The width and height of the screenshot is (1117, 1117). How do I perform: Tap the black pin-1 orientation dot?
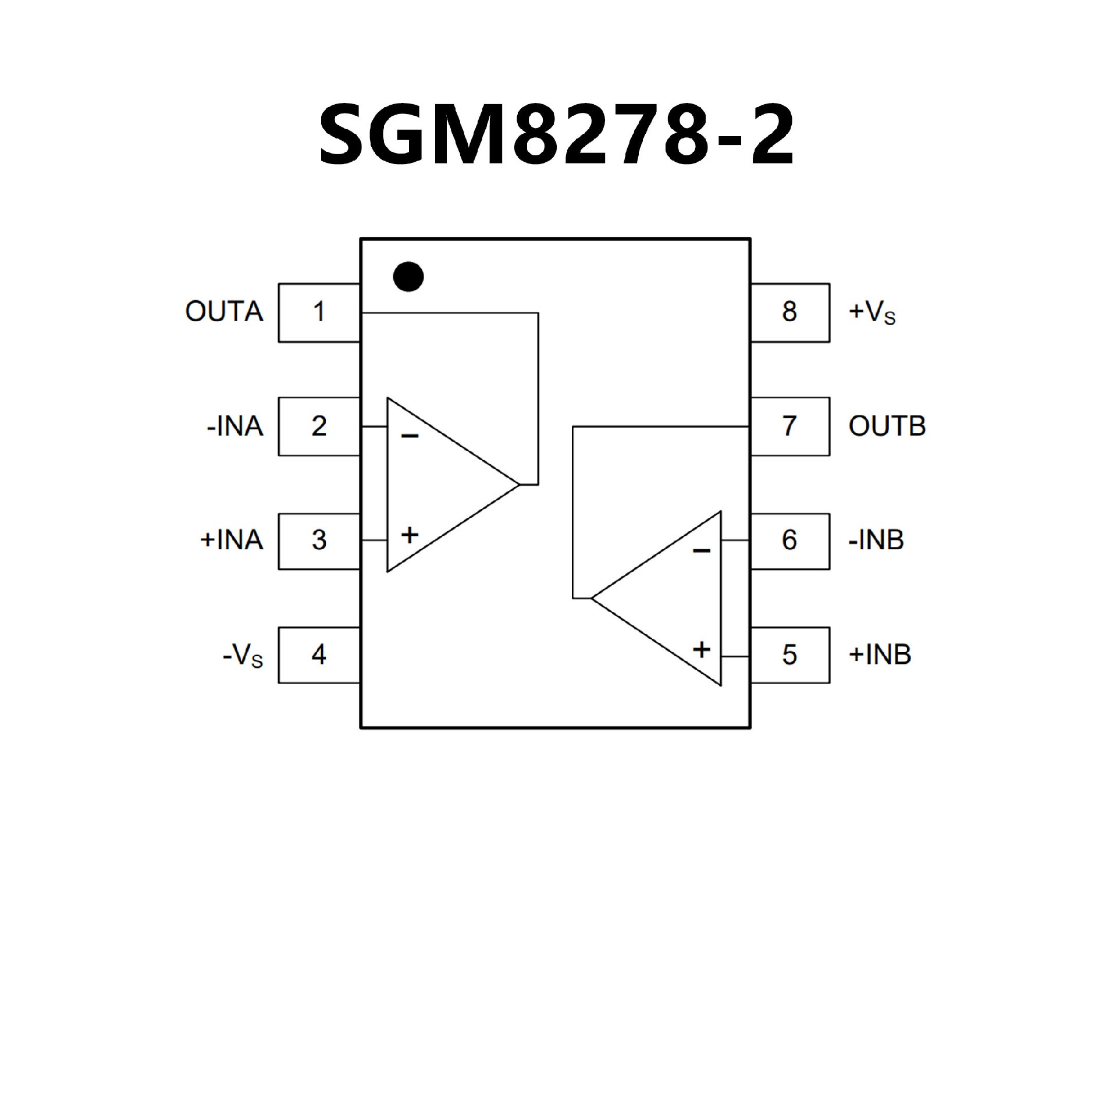(408, 277)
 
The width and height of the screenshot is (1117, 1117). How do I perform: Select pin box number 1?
(319, 312)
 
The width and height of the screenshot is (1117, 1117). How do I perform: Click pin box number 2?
(319, 426)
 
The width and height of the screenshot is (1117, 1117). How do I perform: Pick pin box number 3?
(319, 540)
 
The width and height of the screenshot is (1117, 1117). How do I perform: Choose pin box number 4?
(319, 655)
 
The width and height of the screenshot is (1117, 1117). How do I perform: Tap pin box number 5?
(789, 655)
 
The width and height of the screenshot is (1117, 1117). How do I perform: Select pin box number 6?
(789, 540)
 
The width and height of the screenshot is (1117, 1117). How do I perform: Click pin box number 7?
(789, 426)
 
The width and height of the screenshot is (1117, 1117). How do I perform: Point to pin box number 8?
(789, 312)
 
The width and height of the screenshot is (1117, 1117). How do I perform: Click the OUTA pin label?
(224, 312)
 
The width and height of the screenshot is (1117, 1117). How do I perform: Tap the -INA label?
(235, 426)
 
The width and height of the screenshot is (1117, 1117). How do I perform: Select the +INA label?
(232, 540)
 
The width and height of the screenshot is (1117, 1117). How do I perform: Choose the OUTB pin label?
(887, 426)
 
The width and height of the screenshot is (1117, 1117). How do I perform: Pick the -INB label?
(876, 540)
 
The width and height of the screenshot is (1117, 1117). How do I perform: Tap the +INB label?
(880, 655)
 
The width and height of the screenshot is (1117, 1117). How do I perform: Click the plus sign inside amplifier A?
(410, 535)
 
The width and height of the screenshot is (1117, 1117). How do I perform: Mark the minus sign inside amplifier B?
(702, 550)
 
